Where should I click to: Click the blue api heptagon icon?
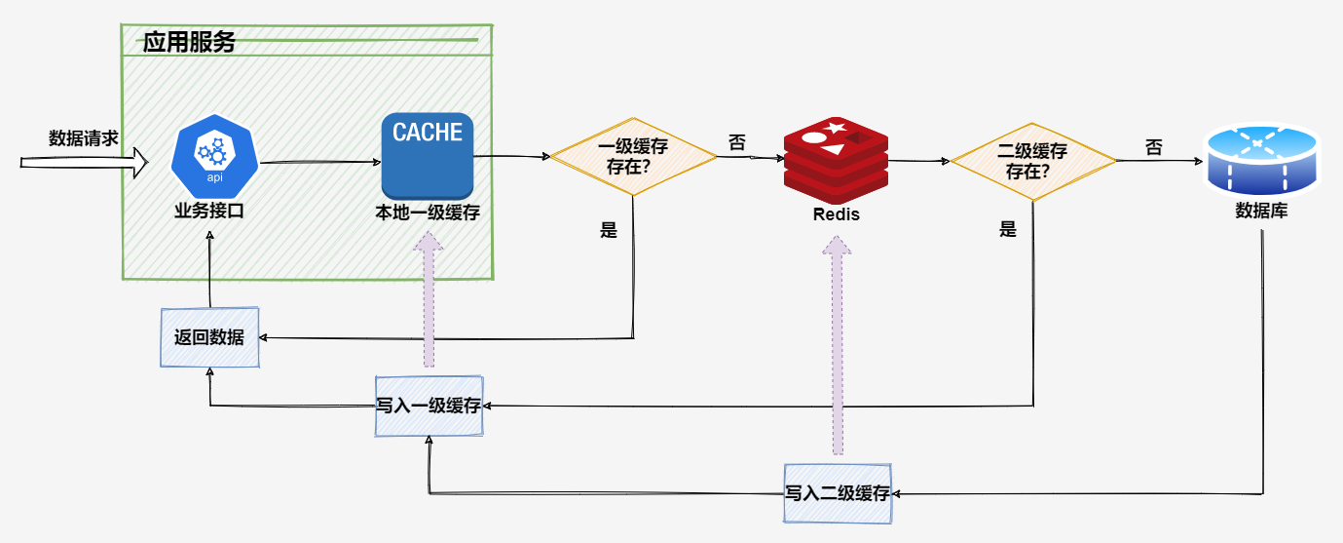click(214, 156)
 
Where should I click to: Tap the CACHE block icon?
click(428, 157)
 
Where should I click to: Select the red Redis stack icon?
click(836, 159)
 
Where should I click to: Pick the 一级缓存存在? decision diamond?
click(633, 157)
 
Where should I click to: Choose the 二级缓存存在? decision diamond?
click(1033, 161)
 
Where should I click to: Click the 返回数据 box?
click(209, 337)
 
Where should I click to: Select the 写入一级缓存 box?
click(429, 405)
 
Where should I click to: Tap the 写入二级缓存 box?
click(839, 493)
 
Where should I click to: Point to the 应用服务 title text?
click(189, 43)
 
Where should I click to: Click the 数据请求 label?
click(84, 138)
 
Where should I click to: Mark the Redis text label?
click(837, 214)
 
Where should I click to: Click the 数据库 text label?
click(1261, 210)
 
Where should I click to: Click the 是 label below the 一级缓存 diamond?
click(610, 231)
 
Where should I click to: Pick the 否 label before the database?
click(1153, 148)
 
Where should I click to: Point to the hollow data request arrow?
click(84, 163)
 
